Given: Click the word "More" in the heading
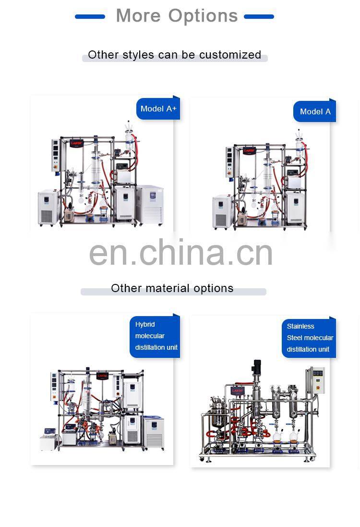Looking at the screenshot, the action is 138,16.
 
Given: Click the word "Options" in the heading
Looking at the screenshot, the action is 203,16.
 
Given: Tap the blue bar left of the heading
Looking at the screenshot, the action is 90,17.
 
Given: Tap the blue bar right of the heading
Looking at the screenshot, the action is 259,17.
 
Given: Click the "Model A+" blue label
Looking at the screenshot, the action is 158,109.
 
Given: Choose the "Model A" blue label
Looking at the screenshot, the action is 315,112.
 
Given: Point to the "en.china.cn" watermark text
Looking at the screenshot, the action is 181,253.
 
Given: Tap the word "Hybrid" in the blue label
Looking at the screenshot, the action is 145,324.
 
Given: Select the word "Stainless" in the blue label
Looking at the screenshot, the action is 300,326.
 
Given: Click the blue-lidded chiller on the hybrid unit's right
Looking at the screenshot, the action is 154,432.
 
